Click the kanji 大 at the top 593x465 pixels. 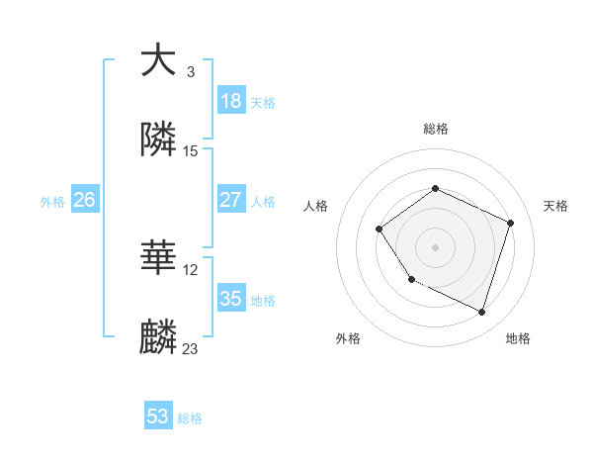click(158, 60)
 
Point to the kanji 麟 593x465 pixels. click(158, 337)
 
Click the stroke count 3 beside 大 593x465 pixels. click(190, 72)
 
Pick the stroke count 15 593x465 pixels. click(191, 151)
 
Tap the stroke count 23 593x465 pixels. click(191, 349)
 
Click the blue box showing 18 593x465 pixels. click(231, 100)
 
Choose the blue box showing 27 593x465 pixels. click(231, 199)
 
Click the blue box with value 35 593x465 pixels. click(231, 298)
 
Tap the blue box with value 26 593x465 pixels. click(84, 200)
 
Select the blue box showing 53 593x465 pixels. click(158, 417)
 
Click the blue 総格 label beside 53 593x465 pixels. click(190, 418)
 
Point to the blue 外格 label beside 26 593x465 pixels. click(52, 202)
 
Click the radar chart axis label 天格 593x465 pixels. click(555, 206)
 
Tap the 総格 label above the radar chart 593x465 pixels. click(435, 129)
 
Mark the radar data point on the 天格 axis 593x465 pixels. click(511, 223)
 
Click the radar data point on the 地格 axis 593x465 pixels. click(481, 312)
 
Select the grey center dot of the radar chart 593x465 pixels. click(435, 246)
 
